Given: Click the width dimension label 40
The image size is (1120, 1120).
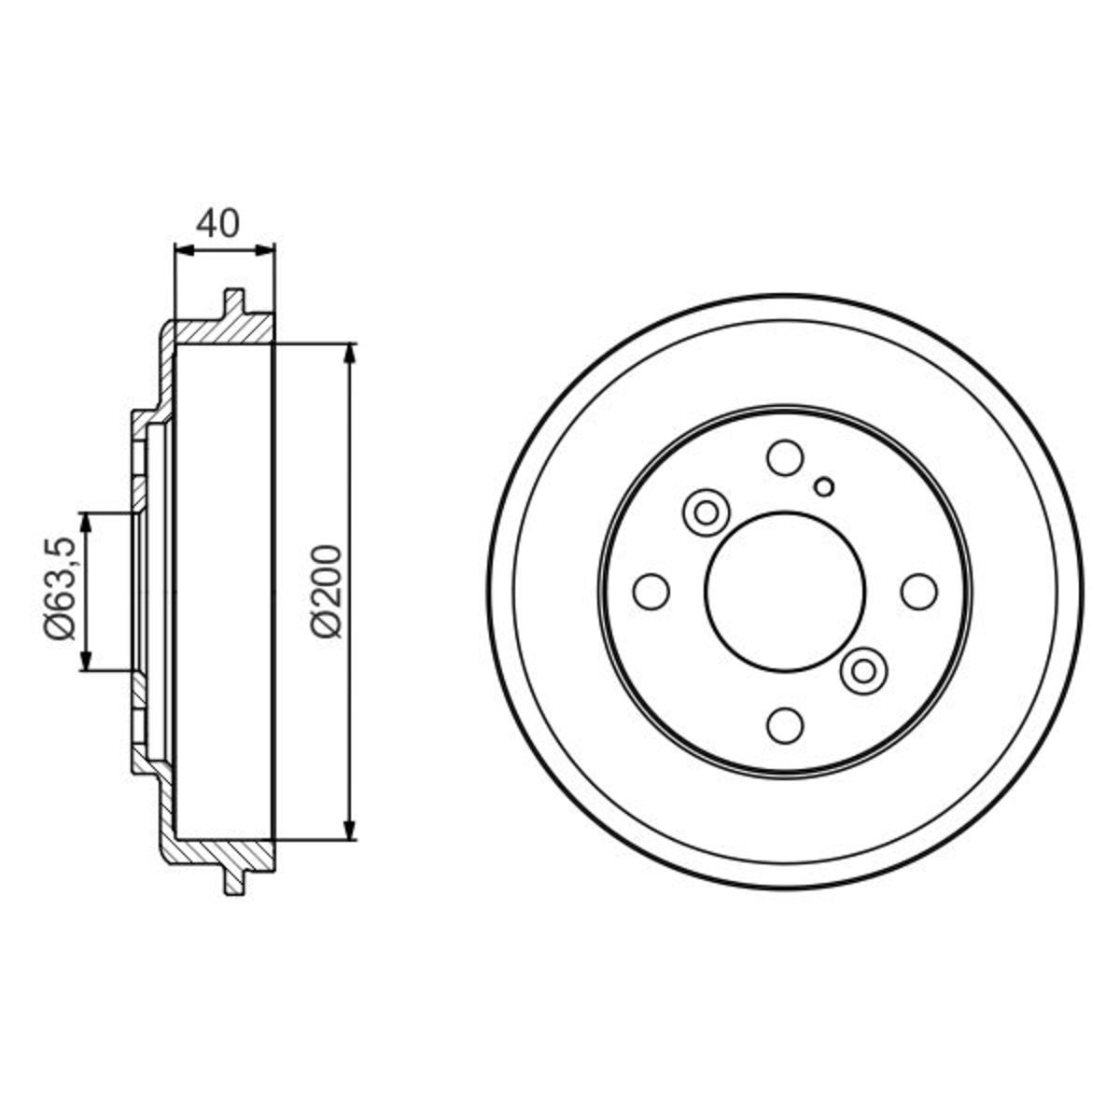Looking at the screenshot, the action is [x=217, y=224].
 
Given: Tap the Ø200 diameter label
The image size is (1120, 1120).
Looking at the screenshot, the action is [x=324, y=592].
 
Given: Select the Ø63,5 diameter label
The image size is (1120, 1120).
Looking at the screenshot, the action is [x=61, y=588].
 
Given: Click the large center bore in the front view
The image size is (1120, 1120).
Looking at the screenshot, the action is [x=785, y=591].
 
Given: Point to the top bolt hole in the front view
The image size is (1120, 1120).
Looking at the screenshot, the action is [x=785, y=457].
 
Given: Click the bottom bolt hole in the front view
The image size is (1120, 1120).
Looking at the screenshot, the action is [x=785, y=725].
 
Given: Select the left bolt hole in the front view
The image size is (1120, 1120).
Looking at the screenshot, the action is [x=651, y=592].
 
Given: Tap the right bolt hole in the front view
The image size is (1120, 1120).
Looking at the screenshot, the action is [x=919, y=591].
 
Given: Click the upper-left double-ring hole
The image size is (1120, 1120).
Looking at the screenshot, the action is [x=707, y=512].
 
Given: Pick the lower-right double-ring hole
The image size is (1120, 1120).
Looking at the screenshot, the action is [x=863, y=671].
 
